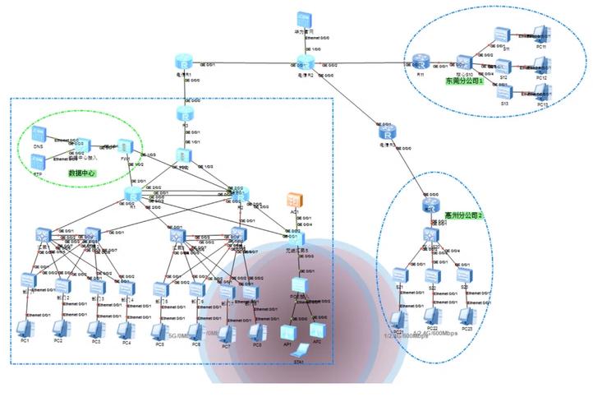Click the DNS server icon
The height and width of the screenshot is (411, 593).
[x=38, y=134]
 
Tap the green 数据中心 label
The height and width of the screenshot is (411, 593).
[x=82, y=173]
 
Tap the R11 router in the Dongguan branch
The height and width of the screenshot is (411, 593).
[x=420, y=61]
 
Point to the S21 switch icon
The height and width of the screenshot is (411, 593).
[x=399, y=274]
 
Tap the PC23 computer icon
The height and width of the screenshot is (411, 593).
[x=467, y=315]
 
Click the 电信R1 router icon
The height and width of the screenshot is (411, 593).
[x=186, y=62]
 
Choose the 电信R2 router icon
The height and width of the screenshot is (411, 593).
[x=302, y=62]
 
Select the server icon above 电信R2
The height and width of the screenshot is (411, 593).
[x=303, y=18]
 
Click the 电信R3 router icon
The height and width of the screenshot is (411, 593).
[x=388, y=132]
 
